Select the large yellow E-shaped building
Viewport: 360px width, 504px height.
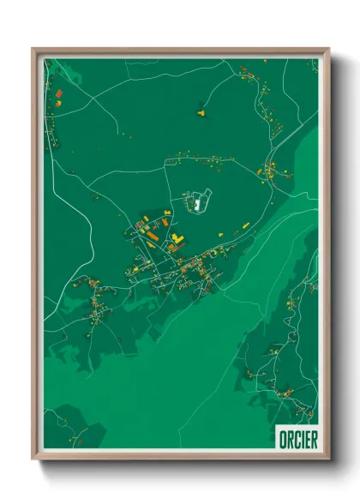[x=177, y=237]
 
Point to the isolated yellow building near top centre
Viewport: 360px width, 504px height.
[x=202, y=111]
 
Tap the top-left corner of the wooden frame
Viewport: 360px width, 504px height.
[x=33, y=50]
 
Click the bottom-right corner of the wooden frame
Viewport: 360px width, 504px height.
[x=327, y=459]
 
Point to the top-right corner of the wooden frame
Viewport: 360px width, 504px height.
[x=327, y=50]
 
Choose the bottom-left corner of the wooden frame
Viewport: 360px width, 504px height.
[x=33, y=459]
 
